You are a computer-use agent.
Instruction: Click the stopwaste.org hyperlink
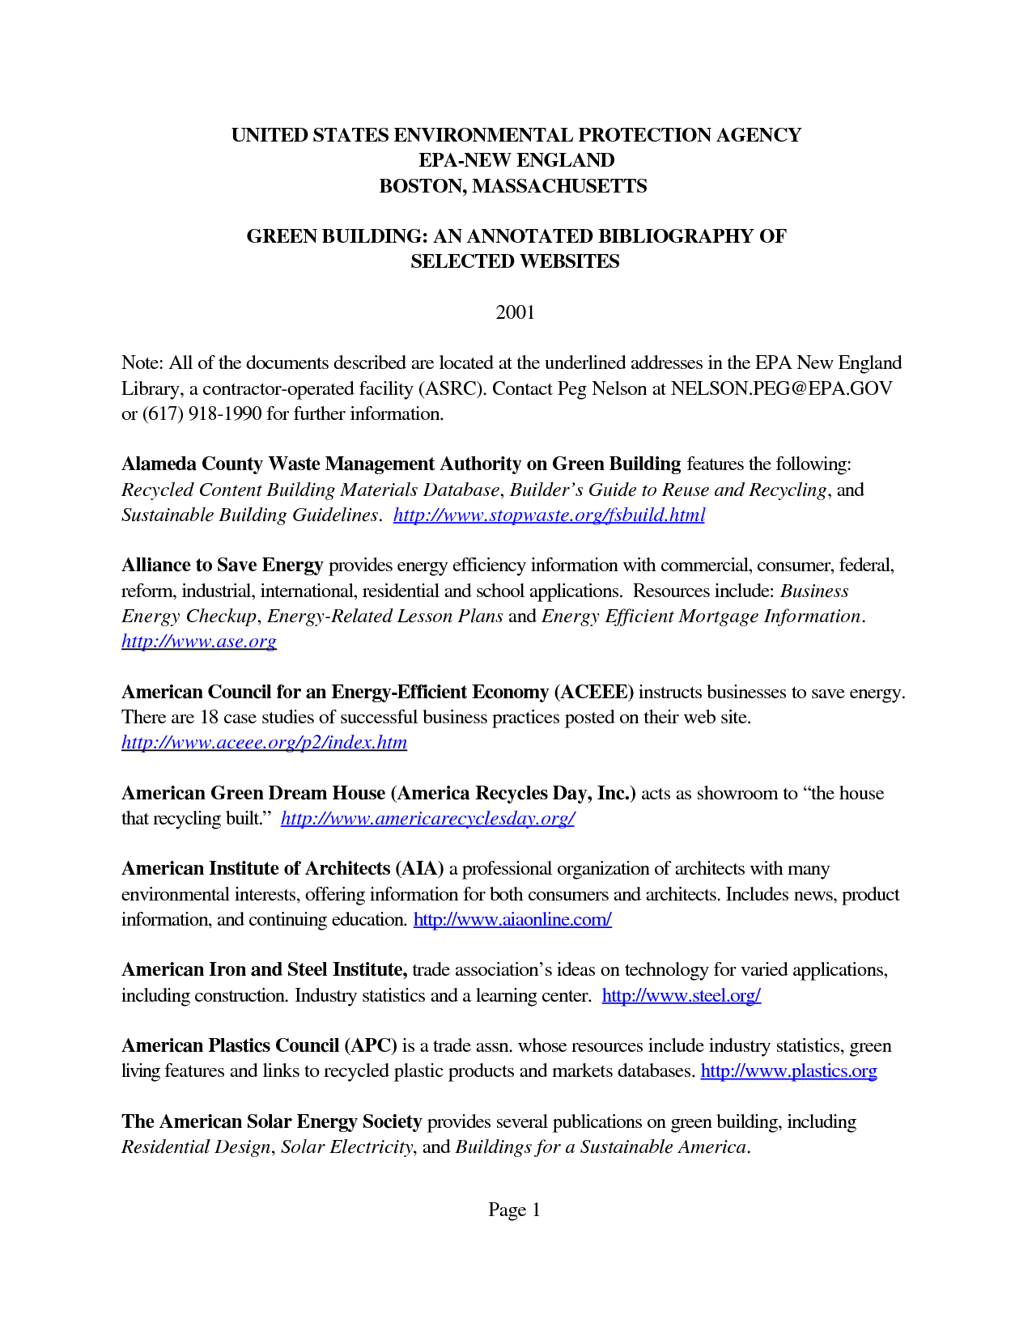point(549,515)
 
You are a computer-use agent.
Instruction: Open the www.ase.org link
point(199,642)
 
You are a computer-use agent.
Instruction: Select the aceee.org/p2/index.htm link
point(264,743)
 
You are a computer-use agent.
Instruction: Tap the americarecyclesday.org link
point(427,819)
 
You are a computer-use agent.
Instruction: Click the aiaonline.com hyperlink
point(512,920)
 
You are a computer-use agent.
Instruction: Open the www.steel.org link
point(681,996)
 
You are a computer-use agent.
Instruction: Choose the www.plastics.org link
point(788,1071)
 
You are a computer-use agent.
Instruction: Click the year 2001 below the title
point(516,312)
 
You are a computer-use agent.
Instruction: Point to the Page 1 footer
point(514,1210)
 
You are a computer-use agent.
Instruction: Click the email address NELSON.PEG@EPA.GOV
point(781,389)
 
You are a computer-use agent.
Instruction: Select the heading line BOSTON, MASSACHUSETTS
point(513,186)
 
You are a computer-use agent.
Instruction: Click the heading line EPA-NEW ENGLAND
point(516,160)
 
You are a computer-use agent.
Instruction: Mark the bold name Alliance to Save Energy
point(223,566)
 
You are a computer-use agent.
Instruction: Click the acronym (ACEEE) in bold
point(594,693)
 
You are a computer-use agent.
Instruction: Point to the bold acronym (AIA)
point(419,869)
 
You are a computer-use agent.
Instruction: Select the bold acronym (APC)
point(371,1046)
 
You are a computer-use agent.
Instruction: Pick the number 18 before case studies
point(209,718)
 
